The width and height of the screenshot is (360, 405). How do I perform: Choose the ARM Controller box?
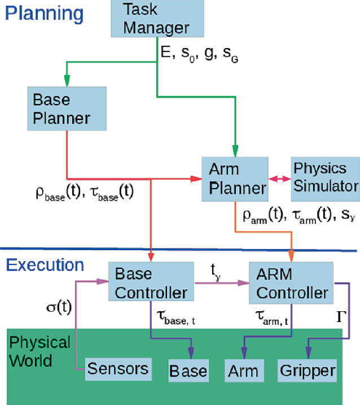click(291, 283)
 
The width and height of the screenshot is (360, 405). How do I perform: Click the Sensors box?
click(117, 368)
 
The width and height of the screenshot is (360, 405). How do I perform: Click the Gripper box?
click(307, 371)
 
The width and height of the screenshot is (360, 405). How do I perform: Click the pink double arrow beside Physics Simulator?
click(278, 179)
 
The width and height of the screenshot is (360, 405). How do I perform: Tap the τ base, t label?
click(175, 320)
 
